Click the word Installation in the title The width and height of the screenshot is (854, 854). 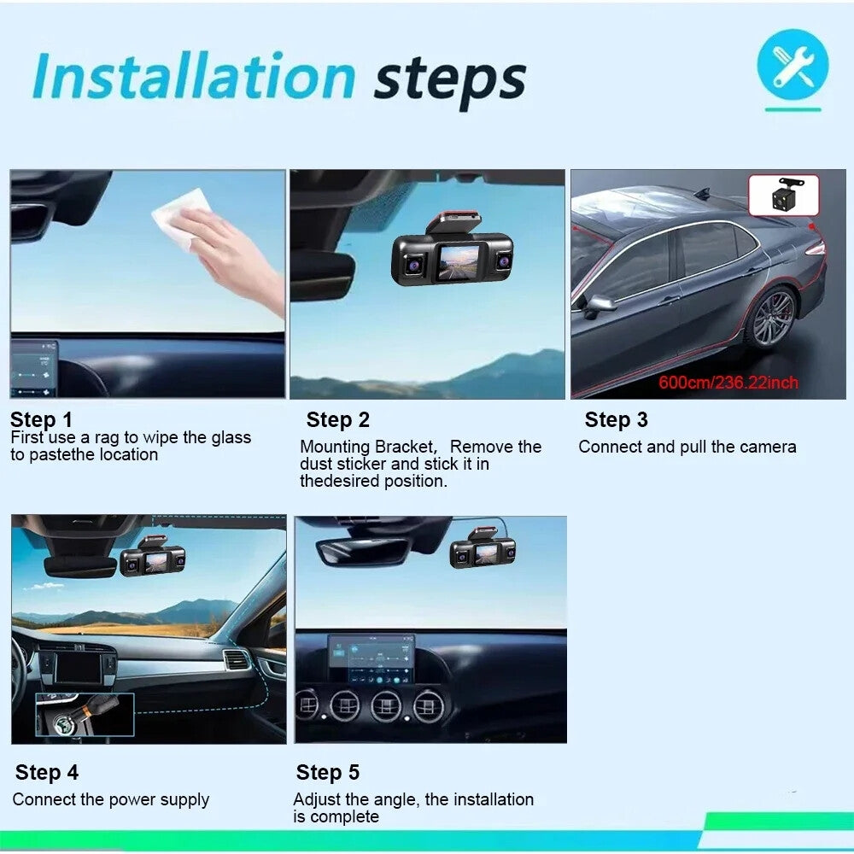click(x=193, y=79)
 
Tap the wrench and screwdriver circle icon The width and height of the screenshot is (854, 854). click(x=792, y=67)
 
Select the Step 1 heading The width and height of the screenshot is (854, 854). click(x=42, y=419)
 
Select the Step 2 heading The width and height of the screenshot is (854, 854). click(x=338, y=419)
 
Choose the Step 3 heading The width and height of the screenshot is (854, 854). click(x=616, y=419)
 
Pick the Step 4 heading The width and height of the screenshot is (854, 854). click(x=47, y=772)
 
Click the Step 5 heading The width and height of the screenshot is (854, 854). click(x=328, y=772)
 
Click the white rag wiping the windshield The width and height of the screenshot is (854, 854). click(x=182, y=217)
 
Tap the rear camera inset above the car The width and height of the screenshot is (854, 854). click(x=783, y=195)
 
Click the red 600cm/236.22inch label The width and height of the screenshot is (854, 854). click(x=728, y=382)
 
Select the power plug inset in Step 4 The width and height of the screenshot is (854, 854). click(x=85, y=714)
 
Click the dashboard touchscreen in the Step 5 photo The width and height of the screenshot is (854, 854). click(x=371, y=658)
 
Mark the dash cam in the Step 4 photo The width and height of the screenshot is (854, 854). click(x=153, y=559)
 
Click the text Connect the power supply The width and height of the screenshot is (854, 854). click(x=111, y=800)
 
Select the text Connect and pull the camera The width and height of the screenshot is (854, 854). click(x=687, y=447)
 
